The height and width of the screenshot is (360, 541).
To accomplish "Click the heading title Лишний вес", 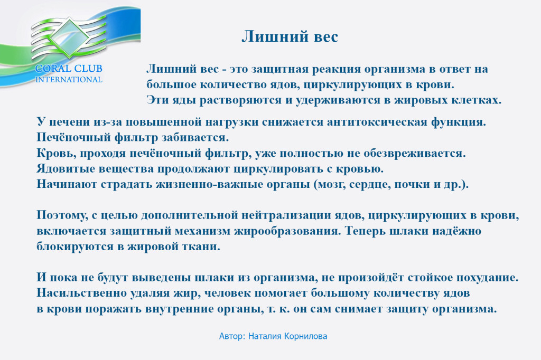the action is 290,36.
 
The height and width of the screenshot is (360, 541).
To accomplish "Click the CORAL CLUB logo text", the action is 69,68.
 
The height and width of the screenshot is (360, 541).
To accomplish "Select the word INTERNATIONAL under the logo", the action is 69,80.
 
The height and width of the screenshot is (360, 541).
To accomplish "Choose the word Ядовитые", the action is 66,169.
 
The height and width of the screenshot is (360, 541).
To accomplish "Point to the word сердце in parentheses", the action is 369,185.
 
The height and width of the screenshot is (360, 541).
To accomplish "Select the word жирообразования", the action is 287,231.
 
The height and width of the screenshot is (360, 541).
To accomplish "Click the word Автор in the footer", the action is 232,336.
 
